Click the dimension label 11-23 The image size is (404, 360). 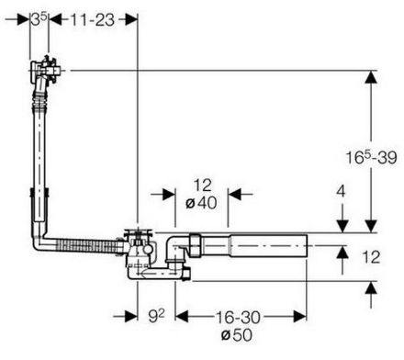93,20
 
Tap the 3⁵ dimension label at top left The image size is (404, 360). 39,19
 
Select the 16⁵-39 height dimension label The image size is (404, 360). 371,157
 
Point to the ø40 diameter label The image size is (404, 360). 201,203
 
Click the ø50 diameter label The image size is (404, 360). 237,335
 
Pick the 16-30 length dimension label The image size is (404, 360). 238,317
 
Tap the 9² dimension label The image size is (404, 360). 156,316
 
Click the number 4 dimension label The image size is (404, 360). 341,192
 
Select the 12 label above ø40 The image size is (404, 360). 203,186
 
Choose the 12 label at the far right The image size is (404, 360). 371,257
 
